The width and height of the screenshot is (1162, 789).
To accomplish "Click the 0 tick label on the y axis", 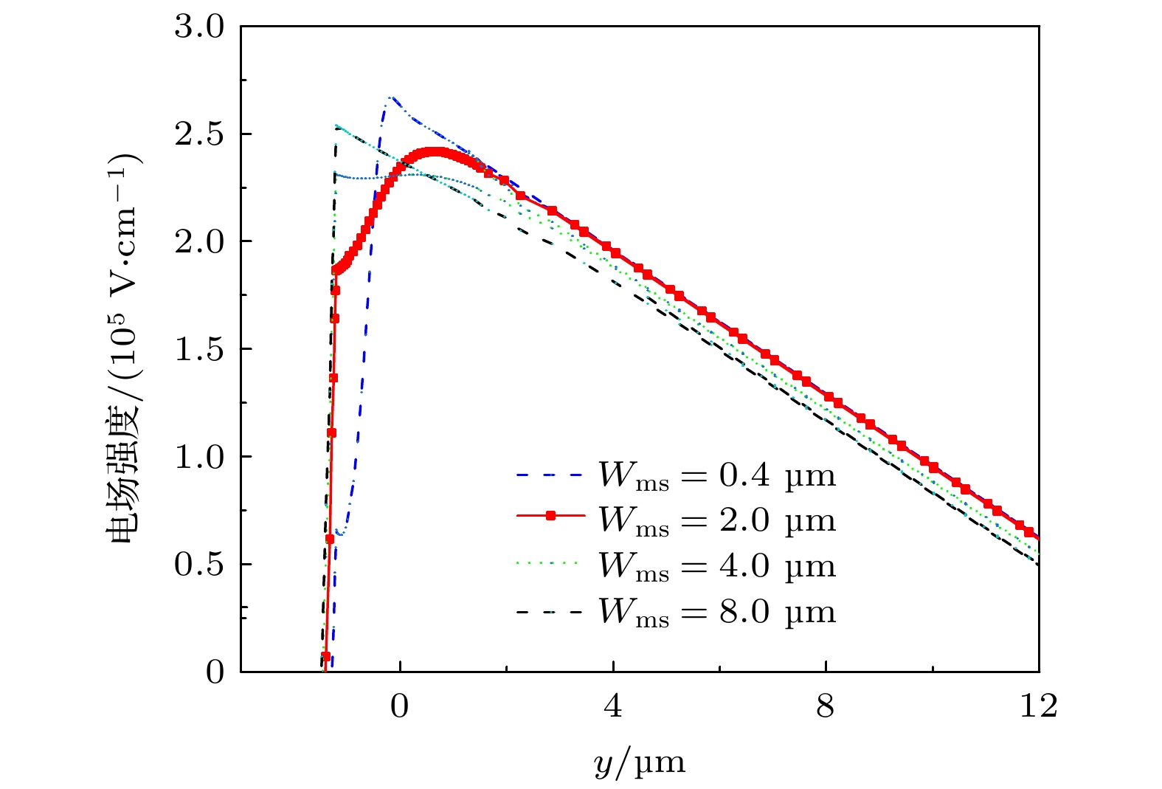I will (215, 672).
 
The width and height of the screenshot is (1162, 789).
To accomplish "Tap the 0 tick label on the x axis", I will (399, 706).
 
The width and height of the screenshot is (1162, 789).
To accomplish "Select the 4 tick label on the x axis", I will (612, 706).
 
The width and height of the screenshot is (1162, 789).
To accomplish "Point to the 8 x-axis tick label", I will (826, 706).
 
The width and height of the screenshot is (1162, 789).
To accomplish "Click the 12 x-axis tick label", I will (1038, 706).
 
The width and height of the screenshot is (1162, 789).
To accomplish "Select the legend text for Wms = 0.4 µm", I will (716, 476).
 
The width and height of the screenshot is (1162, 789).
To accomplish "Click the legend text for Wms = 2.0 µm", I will (716, 521).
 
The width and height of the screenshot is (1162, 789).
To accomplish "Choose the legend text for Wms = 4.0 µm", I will (716, 567).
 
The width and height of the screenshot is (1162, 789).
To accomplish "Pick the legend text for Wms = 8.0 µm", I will (716, 613).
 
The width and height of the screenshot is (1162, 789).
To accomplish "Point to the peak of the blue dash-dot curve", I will (392, 97).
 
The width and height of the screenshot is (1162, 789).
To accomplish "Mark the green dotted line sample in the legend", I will (550, 562).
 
